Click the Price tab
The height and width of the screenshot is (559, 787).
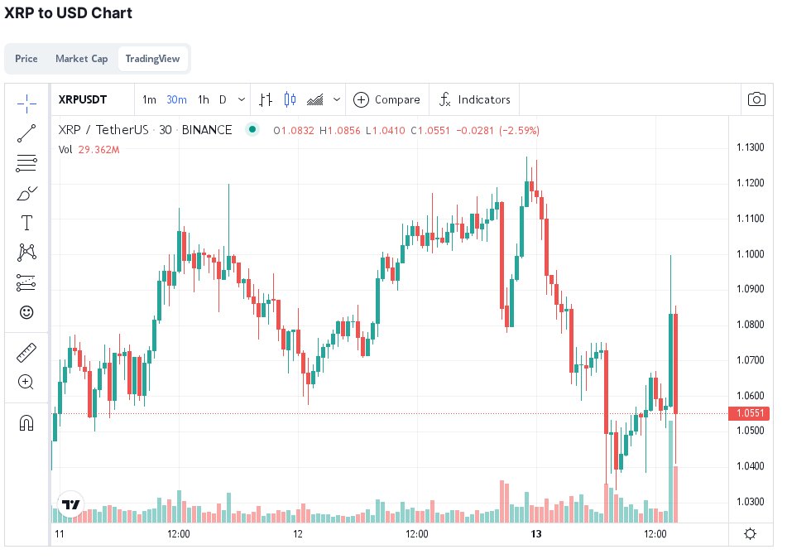pos(26,59)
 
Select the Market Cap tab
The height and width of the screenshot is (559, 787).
pos(81,59)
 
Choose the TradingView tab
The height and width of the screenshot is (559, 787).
pos(153,59)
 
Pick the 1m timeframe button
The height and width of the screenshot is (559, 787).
pos(149,99)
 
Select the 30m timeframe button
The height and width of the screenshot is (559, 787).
pos(176,99)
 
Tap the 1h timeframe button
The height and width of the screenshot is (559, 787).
pos(204,99)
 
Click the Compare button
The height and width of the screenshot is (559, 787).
pos(386,99)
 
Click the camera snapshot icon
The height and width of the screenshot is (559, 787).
pos(756,99)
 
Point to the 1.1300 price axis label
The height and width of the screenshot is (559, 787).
pos(750,147)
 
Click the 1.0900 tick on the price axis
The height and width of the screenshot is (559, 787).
pos(750,289)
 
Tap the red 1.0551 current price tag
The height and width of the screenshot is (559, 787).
pos(749,413)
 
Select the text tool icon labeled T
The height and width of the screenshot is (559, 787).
pos(26,223)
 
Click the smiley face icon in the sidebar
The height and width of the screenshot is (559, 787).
pos(26,312)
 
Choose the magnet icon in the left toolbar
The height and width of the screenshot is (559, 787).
pos(26,423)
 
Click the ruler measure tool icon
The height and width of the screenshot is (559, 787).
pos(26,354)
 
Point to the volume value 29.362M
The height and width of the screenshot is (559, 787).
pos(98,150)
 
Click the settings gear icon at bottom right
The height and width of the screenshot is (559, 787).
pos(750,533)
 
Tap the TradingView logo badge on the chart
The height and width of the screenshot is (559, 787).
pos(71,504)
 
